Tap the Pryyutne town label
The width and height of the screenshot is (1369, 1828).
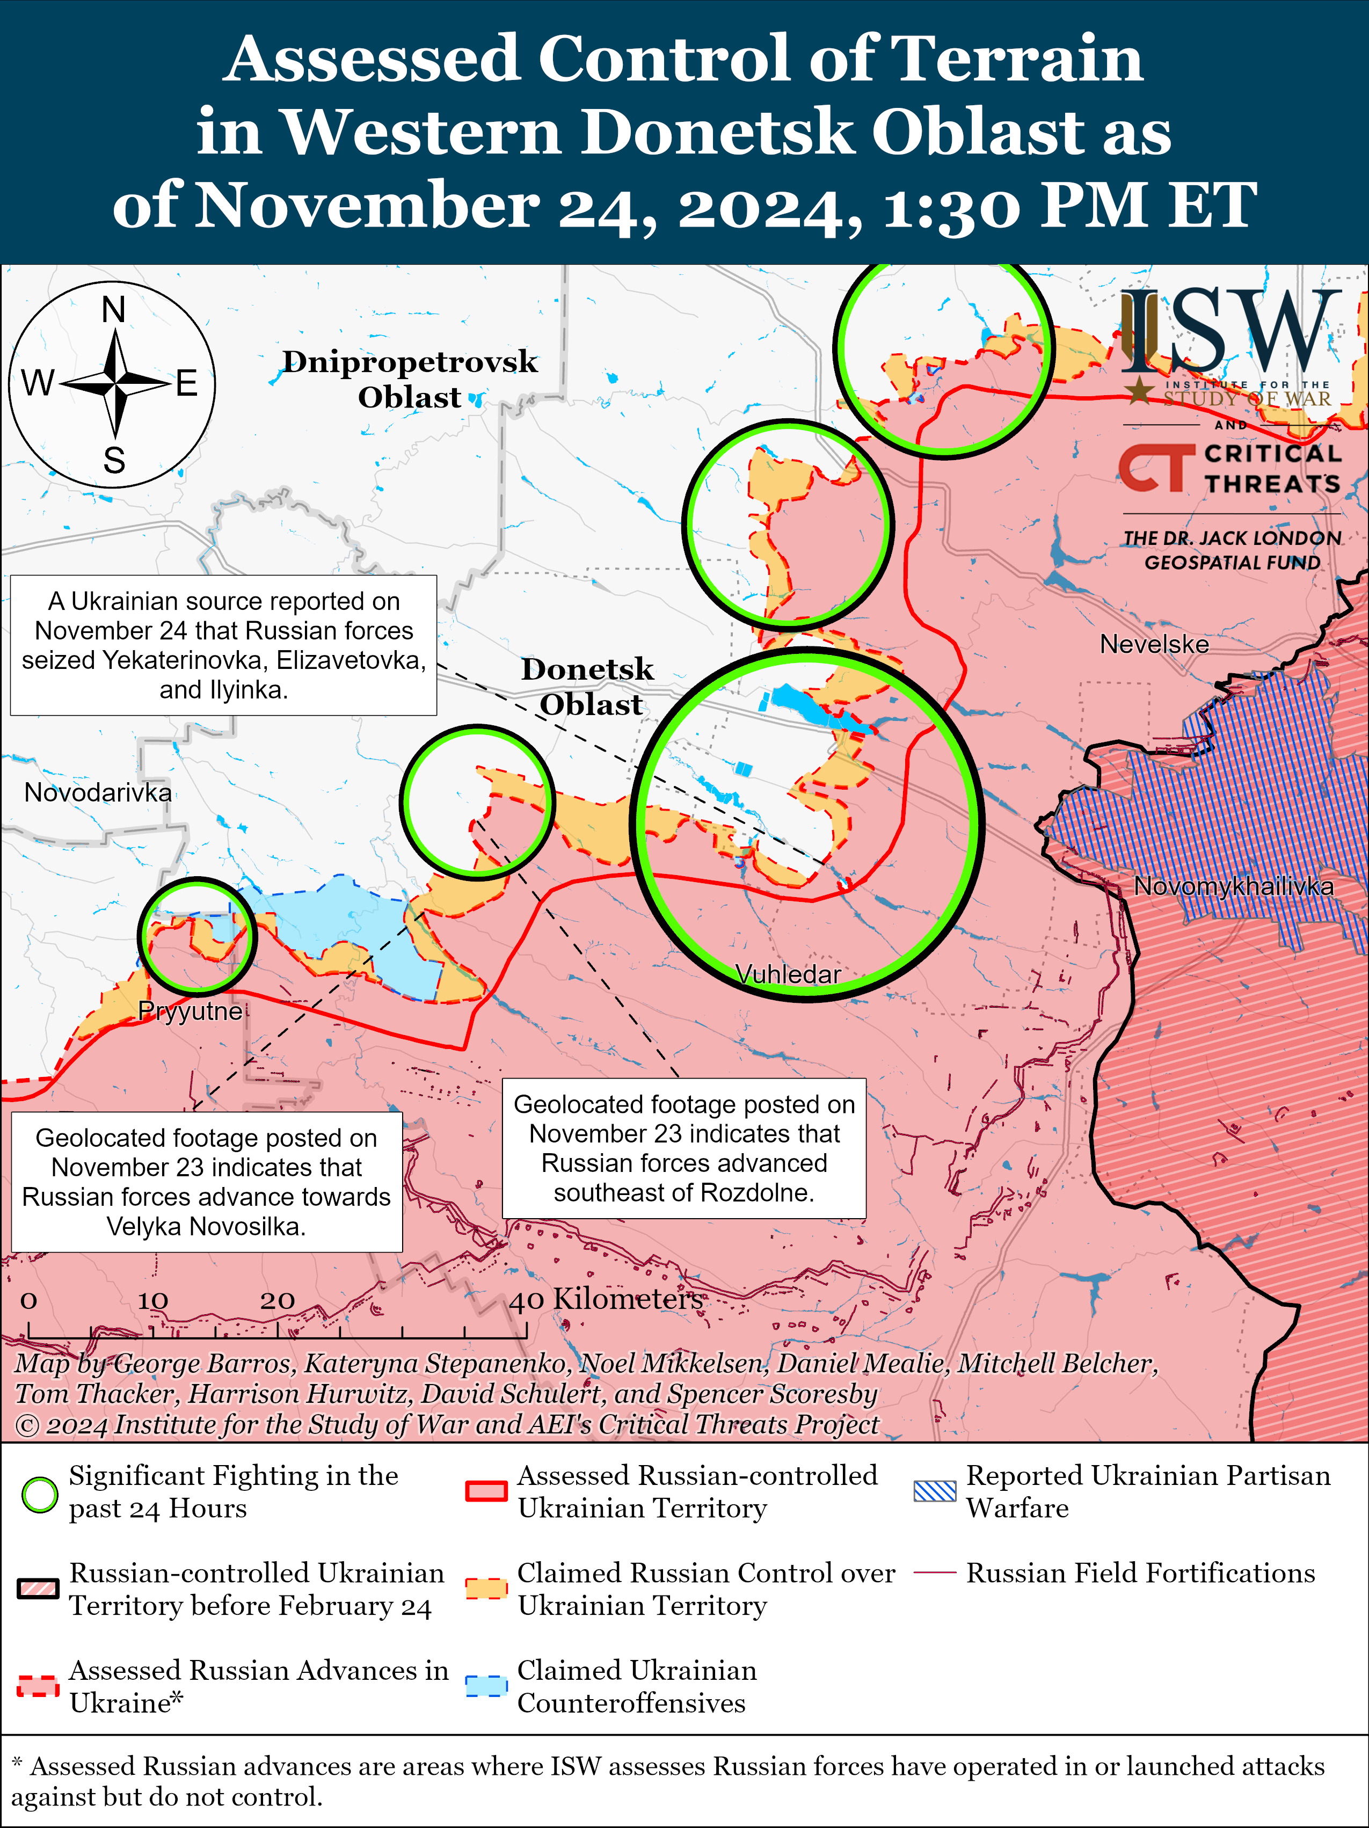click(x=190, y=1011)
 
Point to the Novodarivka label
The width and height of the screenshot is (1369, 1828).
click(x=98, y=792)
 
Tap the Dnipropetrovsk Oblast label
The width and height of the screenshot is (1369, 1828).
click(x=410, y=380)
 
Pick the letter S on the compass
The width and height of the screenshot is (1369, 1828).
click(x=114, y=460)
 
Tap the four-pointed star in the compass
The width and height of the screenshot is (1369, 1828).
click(x=115, y=383)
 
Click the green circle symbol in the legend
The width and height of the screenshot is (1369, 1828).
click(x=39, y=1494)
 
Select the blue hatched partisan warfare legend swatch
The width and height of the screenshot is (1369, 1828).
click(x=935, y=1491)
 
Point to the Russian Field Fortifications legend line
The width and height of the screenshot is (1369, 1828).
click(x=935, y=1572)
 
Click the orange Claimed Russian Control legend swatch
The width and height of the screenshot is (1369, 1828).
click(x=486, y=1589)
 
